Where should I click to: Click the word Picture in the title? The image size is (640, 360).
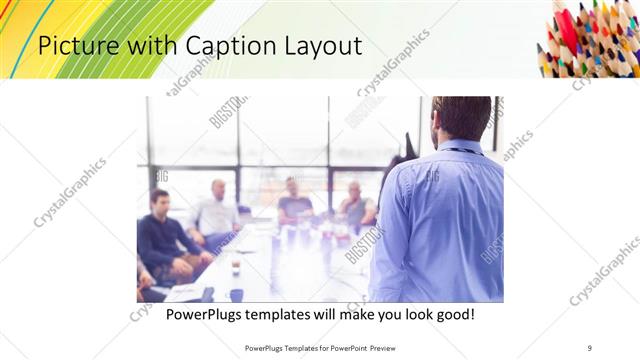click(76, 46)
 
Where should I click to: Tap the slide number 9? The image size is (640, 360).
click(590, 348)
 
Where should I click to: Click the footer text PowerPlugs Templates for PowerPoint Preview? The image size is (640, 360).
click(319, 348)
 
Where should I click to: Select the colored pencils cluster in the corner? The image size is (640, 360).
click(590, 37)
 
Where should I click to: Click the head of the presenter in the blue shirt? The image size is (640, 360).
click(461, 118)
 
